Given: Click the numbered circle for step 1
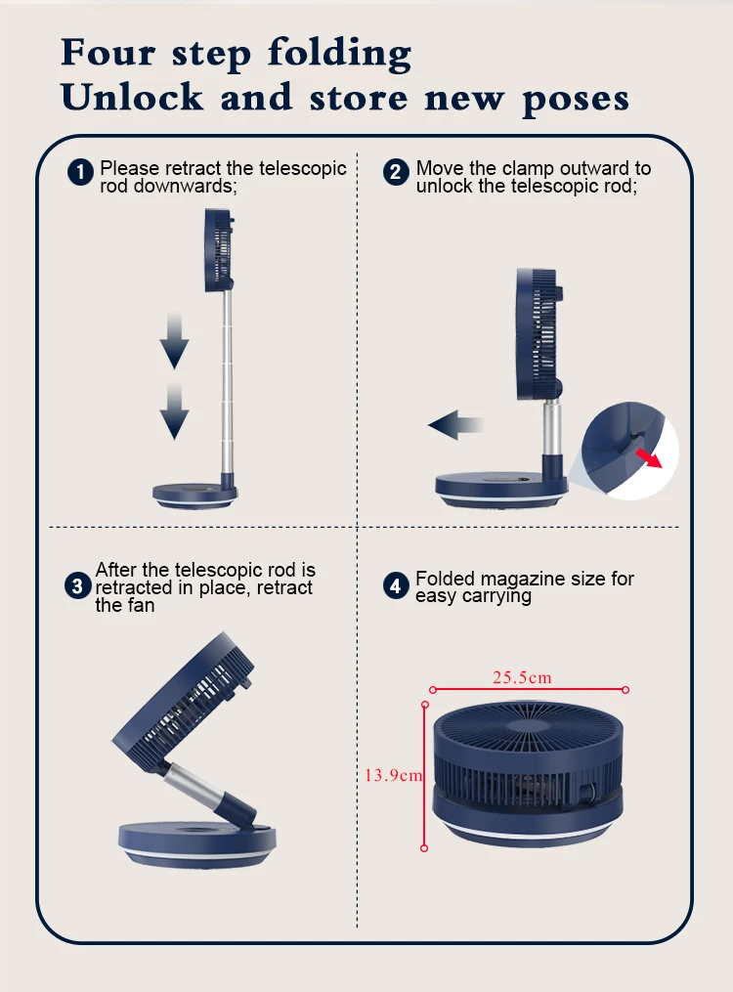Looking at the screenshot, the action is pos(80,172).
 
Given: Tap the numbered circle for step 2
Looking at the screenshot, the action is pos(396,172).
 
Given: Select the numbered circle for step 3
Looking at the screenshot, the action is pos(78,585).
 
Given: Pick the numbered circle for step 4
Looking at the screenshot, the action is pos(396,585).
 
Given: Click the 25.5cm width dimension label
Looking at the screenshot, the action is pos(523,677).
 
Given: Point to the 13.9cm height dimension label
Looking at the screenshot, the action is pos(394,775).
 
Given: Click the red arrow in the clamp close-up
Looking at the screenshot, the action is pos(649,457).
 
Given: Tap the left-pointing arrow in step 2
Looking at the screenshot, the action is pos(456,424).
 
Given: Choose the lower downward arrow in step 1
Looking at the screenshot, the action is pos(174,410).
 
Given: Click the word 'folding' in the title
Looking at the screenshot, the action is pos(339,53).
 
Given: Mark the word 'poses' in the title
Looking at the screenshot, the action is pos(576,100).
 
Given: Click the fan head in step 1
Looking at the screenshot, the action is pos(220,250).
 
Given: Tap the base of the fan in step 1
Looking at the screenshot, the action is pos(195,495).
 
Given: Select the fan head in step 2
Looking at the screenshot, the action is pos(538,335).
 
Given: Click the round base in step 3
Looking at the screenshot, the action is pos(197,844).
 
